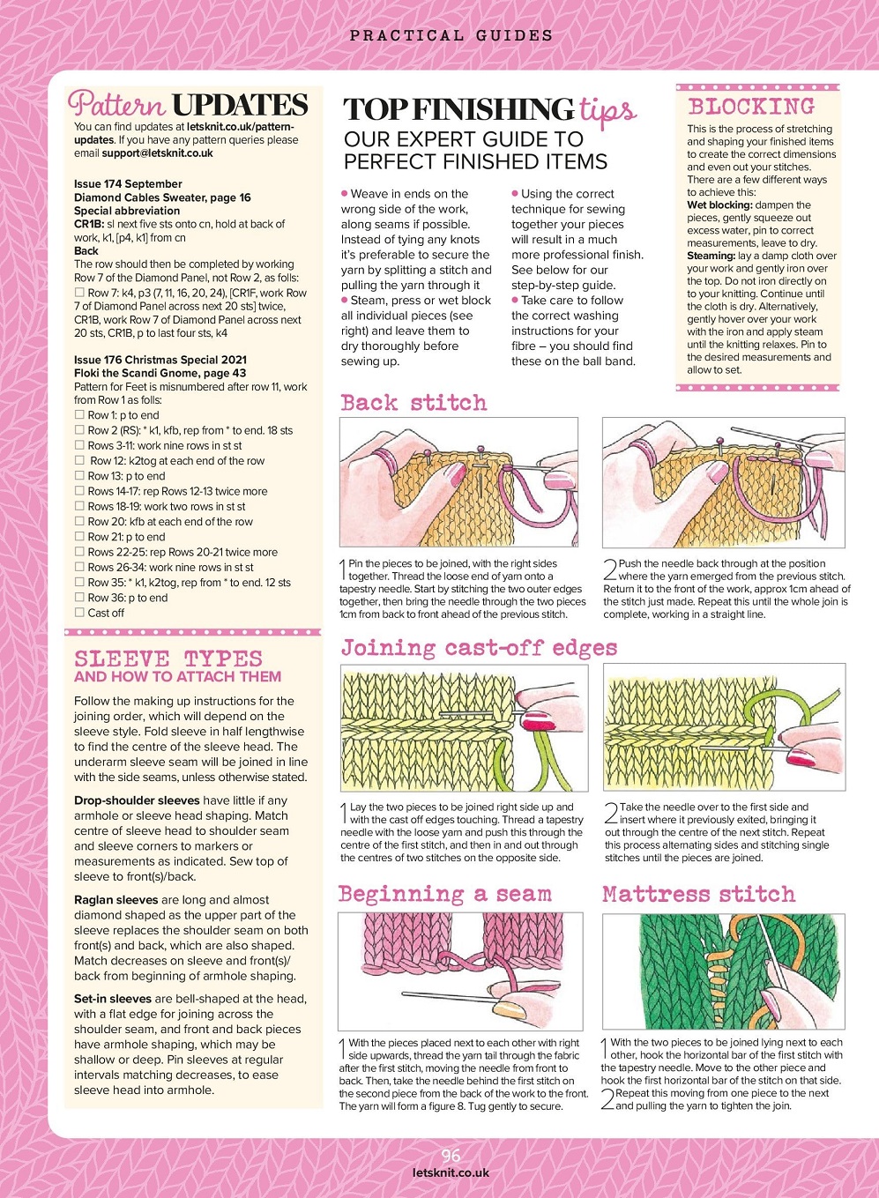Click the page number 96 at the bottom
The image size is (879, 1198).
[x=451, y=1156]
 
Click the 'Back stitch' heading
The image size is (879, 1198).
[x=413, y=404]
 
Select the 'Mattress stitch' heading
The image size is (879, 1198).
[x=698, y=895]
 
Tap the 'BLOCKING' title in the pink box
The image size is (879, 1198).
[x=751, y=108]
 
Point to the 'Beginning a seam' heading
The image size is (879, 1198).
[x=445, y=895]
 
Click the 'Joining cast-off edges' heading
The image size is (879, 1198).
[x=479, y=649]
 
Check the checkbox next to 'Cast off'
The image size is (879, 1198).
[x=79, y=613]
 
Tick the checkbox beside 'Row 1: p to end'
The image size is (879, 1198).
[x=79, y=415]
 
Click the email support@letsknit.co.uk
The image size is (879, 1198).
[x=157, y=153]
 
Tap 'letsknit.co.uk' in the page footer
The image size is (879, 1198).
[x=451, y=1173]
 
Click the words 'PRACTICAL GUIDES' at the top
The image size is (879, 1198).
[x=451, y=36]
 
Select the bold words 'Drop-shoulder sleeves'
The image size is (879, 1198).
[x=137, y=800]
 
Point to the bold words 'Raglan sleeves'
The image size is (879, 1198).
[x=115, y=900]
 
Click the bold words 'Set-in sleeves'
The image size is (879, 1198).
[x=113, y=999]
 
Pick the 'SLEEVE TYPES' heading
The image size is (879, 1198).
[x=168, y=659]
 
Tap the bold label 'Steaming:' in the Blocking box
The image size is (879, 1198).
[x=711, y=256]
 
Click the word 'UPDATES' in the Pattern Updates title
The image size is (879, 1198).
[x=240, y=106]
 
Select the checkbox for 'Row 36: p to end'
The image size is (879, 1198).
[x=79, y=598]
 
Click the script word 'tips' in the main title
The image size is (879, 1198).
[x=607, y=112]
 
